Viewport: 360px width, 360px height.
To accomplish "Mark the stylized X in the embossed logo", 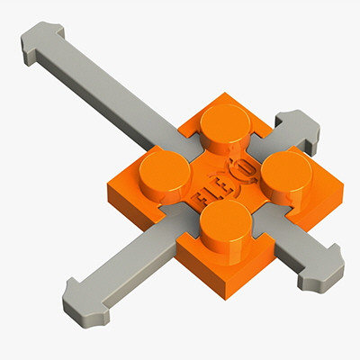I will click(x=229, y=173).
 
